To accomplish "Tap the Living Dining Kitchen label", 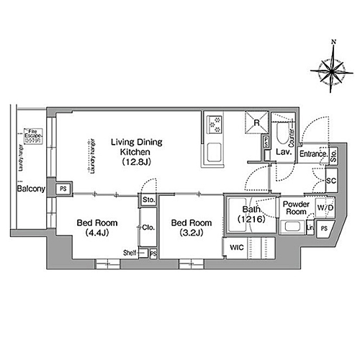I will pos(130,153).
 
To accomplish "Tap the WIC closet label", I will pos(237,248).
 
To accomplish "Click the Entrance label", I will pos(314,153).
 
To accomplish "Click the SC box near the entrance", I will pos(332,180).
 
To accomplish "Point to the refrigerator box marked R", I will pos(256,122).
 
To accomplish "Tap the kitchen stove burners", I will pos(215,125).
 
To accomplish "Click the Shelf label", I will pos(130,253).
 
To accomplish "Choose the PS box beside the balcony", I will pos(63,189).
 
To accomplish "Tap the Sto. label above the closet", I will pos(148,199).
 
